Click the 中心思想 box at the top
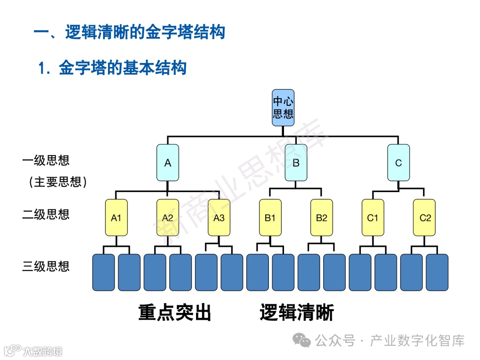283,107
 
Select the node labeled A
168,163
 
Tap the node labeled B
296,163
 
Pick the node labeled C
398,163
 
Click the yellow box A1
116,217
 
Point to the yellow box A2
168,217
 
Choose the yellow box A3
219,217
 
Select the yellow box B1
270,217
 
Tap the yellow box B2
321,217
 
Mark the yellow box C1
372,217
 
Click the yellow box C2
424,217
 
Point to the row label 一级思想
46,160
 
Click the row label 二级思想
46,214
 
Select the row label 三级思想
46,266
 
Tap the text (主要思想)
55,182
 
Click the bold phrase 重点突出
175,313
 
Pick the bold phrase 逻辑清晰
296,313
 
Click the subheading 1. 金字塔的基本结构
112,68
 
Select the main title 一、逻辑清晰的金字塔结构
129,32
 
